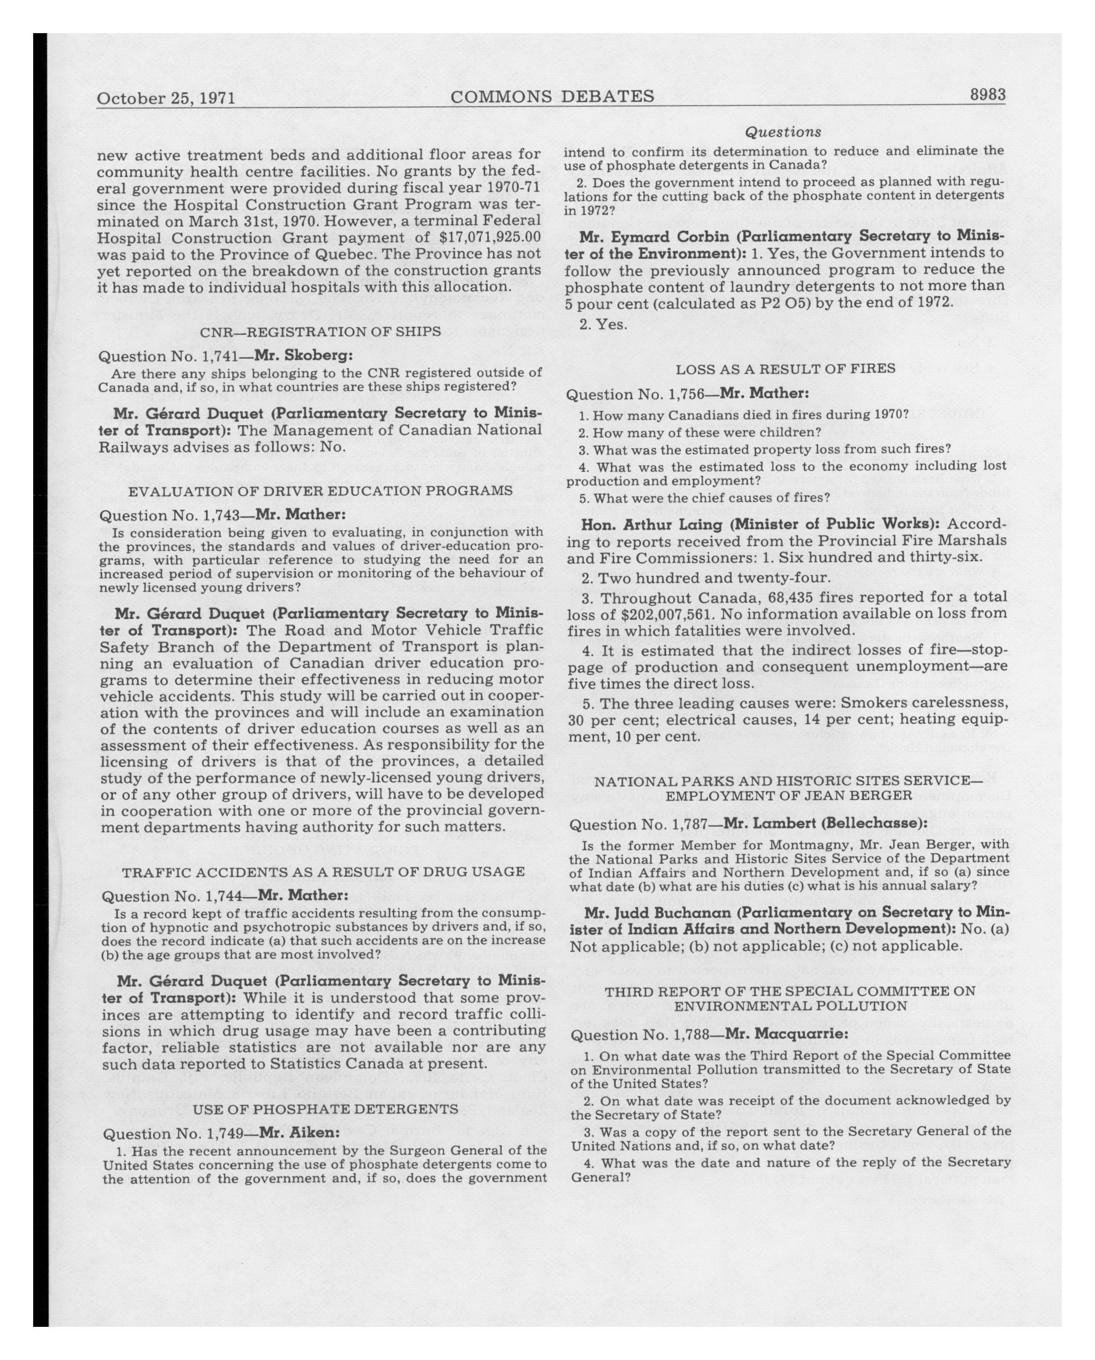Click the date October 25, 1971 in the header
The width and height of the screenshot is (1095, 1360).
pos(166,99)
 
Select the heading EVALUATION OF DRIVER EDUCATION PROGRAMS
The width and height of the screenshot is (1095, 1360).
pos(320,490)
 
